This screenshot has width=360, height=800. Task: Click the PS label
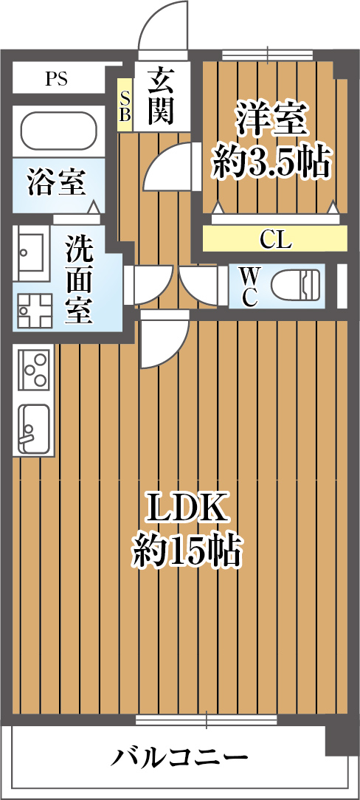click(56, 80)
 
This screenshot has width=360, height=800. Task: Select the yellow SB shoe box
click(125, 105)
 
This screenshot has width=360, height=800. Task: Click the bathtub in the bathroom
click(58, 131)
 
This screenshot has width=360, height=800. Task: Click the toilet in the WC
click(296, 287)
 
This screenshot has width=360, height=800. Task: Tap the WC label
click(249, 287)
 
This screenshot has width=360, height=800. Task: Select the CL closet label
click(275, 239)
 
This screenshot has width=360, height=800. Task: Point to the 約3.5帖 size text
click(270, 161)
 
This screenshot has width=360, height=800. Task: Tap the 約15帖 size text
click(187, 551)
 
